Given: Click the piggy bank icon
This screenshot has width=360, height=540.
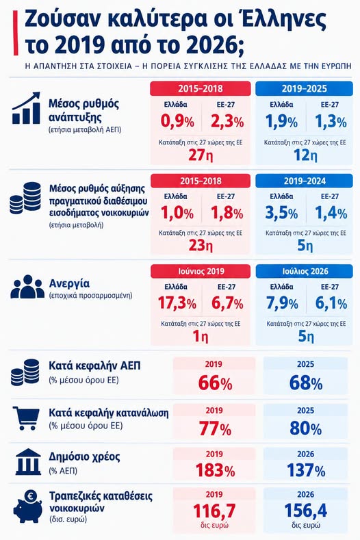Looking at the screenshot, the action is point(28,506).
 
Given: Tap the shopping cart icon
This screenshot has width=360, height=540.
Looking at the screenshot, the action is point(26,418).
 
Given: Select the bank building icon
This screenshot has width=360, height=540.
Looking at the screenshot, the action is point(28,463).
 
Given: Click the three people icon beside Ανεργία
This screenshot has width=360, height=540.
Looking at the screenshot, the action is point(27,287).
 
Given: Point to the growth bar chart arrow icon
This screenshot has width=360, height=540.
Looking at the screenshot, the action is point(26,107).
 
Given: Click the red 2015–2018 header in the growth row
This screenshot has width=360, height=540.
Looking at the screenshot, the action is point(200,88).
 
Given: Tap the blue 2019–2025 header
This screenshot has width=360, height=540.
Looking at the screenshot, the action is point(304,88).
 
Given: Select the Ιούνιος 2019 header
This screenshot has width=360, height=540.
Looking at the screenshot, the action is point(201,272).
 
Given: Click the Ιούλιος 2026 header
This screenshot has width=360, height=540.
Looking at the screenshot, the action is point(304,272).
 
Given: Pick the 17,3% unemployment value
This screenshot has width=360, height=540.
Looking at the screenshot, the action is point(177,303).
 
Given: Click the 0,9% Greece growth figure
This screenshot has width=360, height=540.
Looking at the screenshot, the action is point(177,122).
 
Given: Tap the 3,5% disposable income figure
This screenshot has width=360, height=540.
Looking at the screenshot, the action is point(281,213).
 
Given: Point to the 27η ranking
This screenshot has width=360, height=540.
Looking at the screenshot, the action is point(200,155).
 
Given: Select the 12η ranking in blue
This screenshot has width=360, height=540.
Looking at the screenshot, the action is point(305,155).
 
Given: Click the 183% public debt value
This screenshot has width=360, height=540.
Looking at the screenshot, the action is point(215,470).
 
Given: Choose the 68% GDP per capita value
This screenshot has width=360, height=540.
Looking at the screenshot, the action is point(305,383).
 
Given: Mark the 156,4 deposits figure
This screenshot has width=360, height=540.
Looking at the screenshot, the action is point(305,511).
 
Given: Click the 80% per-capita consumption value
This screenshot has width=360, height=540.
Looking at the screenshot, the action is point(305,428).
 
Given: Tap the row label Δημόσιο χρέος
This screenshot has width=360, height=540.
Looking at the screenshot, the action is point(84,457).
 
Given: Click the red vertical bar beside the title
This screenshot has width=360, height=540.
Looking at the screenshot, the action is point(16,33).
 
